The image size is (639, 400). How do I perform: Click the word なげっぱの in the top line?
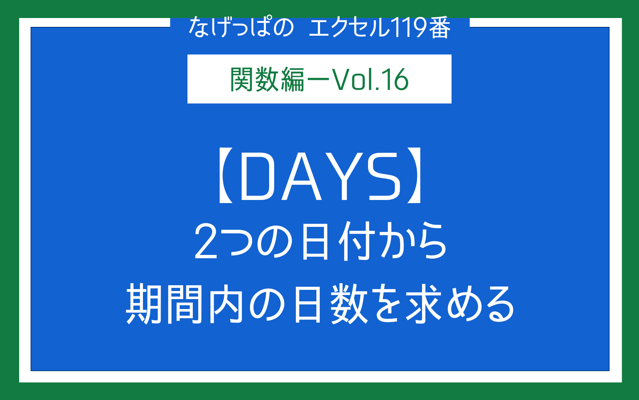coord(241,27)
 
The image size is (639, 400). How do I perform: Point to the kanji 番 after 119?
coord(440,27)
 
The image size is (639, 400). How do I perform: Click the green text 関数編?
coord(267,79)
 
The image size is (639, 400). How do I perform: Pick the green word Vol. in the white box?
coord(356,79)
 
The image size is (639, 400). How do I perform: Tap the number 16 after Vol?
coord(397,79)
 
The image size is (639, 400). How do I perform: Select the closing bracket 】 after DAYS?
coord(414,175)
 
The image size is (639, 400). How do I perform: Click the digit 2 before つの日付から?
coord(205,241)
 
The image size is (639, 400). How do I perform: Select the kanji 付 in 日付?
coord(356,241)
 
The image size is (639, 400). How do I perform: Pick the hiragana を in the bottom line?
coord(387,304)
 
